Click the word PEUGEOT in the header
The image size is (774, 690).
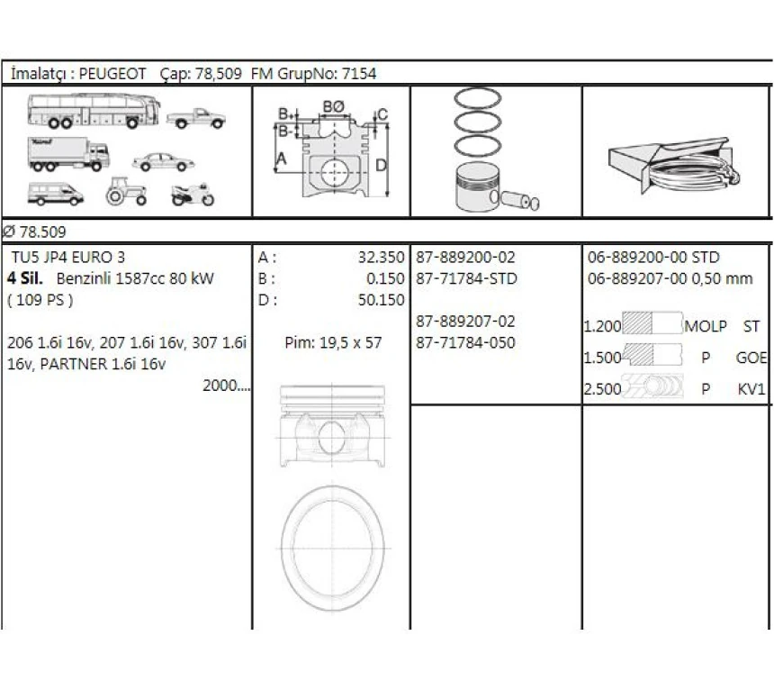coord(112,74)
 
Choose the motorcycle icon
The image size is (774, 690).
coord(193,194)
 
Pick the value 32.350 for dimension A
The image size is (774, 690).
coord(381,258)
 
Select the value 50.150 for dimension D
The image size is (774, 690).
coord(381,300)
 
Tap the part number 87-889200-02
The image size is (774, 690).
coord(466,258)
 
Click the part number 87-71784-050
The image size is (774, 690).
coord(466,342)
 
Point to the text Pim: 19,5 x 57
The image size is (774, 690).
coord(333,342)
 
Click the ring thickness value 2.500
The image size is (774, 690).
coord(602,390)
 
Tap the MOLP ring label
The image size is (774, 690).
coord(705,326)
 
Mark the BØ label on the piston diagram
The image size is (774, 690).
coord(333,105)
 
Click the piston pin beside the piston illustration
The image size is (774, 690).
coord(520,201)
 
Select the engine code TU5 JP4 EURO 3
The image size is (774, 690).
coord(68,258)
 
